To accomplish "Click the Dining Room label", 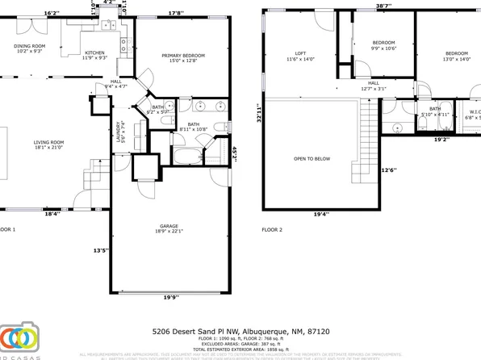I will click(29, 46).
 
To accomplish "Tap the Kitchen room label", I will click(94, 53).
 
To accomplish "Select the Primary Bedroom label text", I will click(183, 56).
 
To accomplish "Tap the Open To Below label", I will click(312, 159).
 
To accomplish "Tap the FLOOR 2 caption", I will click(272, 229).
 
